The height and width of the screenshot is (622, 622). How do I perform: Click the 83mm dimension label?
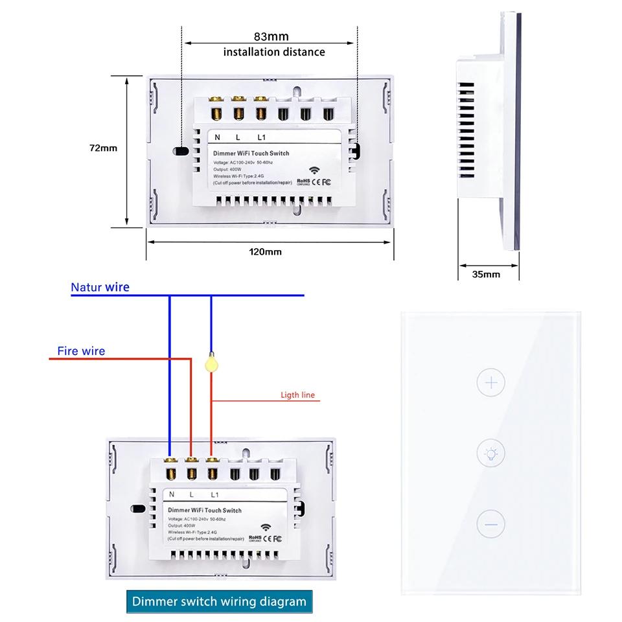click(x=271, y=36)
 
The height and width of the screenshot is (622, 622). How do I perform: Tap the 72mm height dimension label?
click(x=103, y=148)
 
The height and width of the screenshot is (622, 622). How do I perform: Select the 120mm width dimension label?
click(x=268, y=251)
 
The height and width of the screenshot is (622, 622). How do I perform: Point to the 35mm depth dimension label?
click(x=486, y=274)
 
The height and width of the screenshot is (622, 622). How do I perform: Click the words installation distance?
click(x=274, y=52)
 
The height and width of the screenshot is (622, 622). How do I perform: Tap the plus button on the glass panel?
click(x=490, y=382)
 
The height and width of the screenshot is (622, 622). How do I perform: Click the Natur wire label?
click(x=100, y=287)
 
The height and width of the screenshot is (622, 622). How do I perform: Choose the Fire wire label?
click(x=81, y=351)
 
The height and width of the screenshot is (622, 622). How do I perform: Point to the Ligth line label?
click(x=298, y=395)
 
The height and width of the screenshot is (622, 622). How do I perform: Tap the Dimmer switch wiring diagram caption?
click(x=219, y=601)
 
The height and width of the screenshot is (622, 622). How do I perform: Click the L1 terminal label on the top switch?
click(x=262, y=137)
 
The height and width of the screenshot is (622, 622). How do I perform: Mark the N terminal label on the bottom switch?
click(x=172, y=494)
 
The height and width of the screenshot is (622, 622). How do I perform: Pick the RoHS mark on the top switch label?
click(x=303, y=182)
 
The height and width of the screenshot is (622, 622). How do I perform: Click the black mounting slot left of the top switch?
click(x=181, y=152)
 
